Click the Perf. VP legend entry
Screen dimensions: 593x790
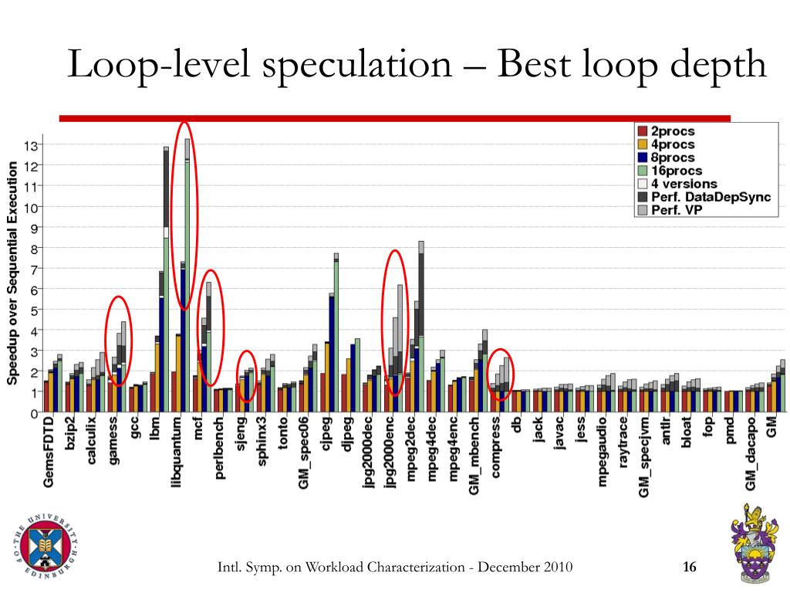672,210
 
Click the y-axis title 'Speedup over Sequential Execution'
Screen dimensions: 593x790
12,273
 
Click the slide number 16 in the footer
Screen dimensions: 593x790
690,568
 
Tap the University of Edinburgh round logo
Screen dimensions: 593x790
46,549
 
